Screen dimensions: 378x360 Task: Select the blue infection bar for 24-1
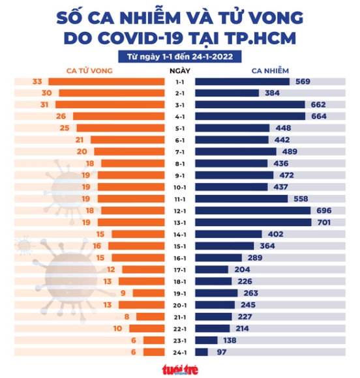pyautogui.click(x=202, y=352)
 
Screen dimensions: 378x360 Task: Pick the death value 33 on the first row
pyautogui.click(x=37, y=81)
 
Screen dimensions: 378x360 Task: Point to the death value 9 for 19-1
pyautogui.click(x=123, y=293)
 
